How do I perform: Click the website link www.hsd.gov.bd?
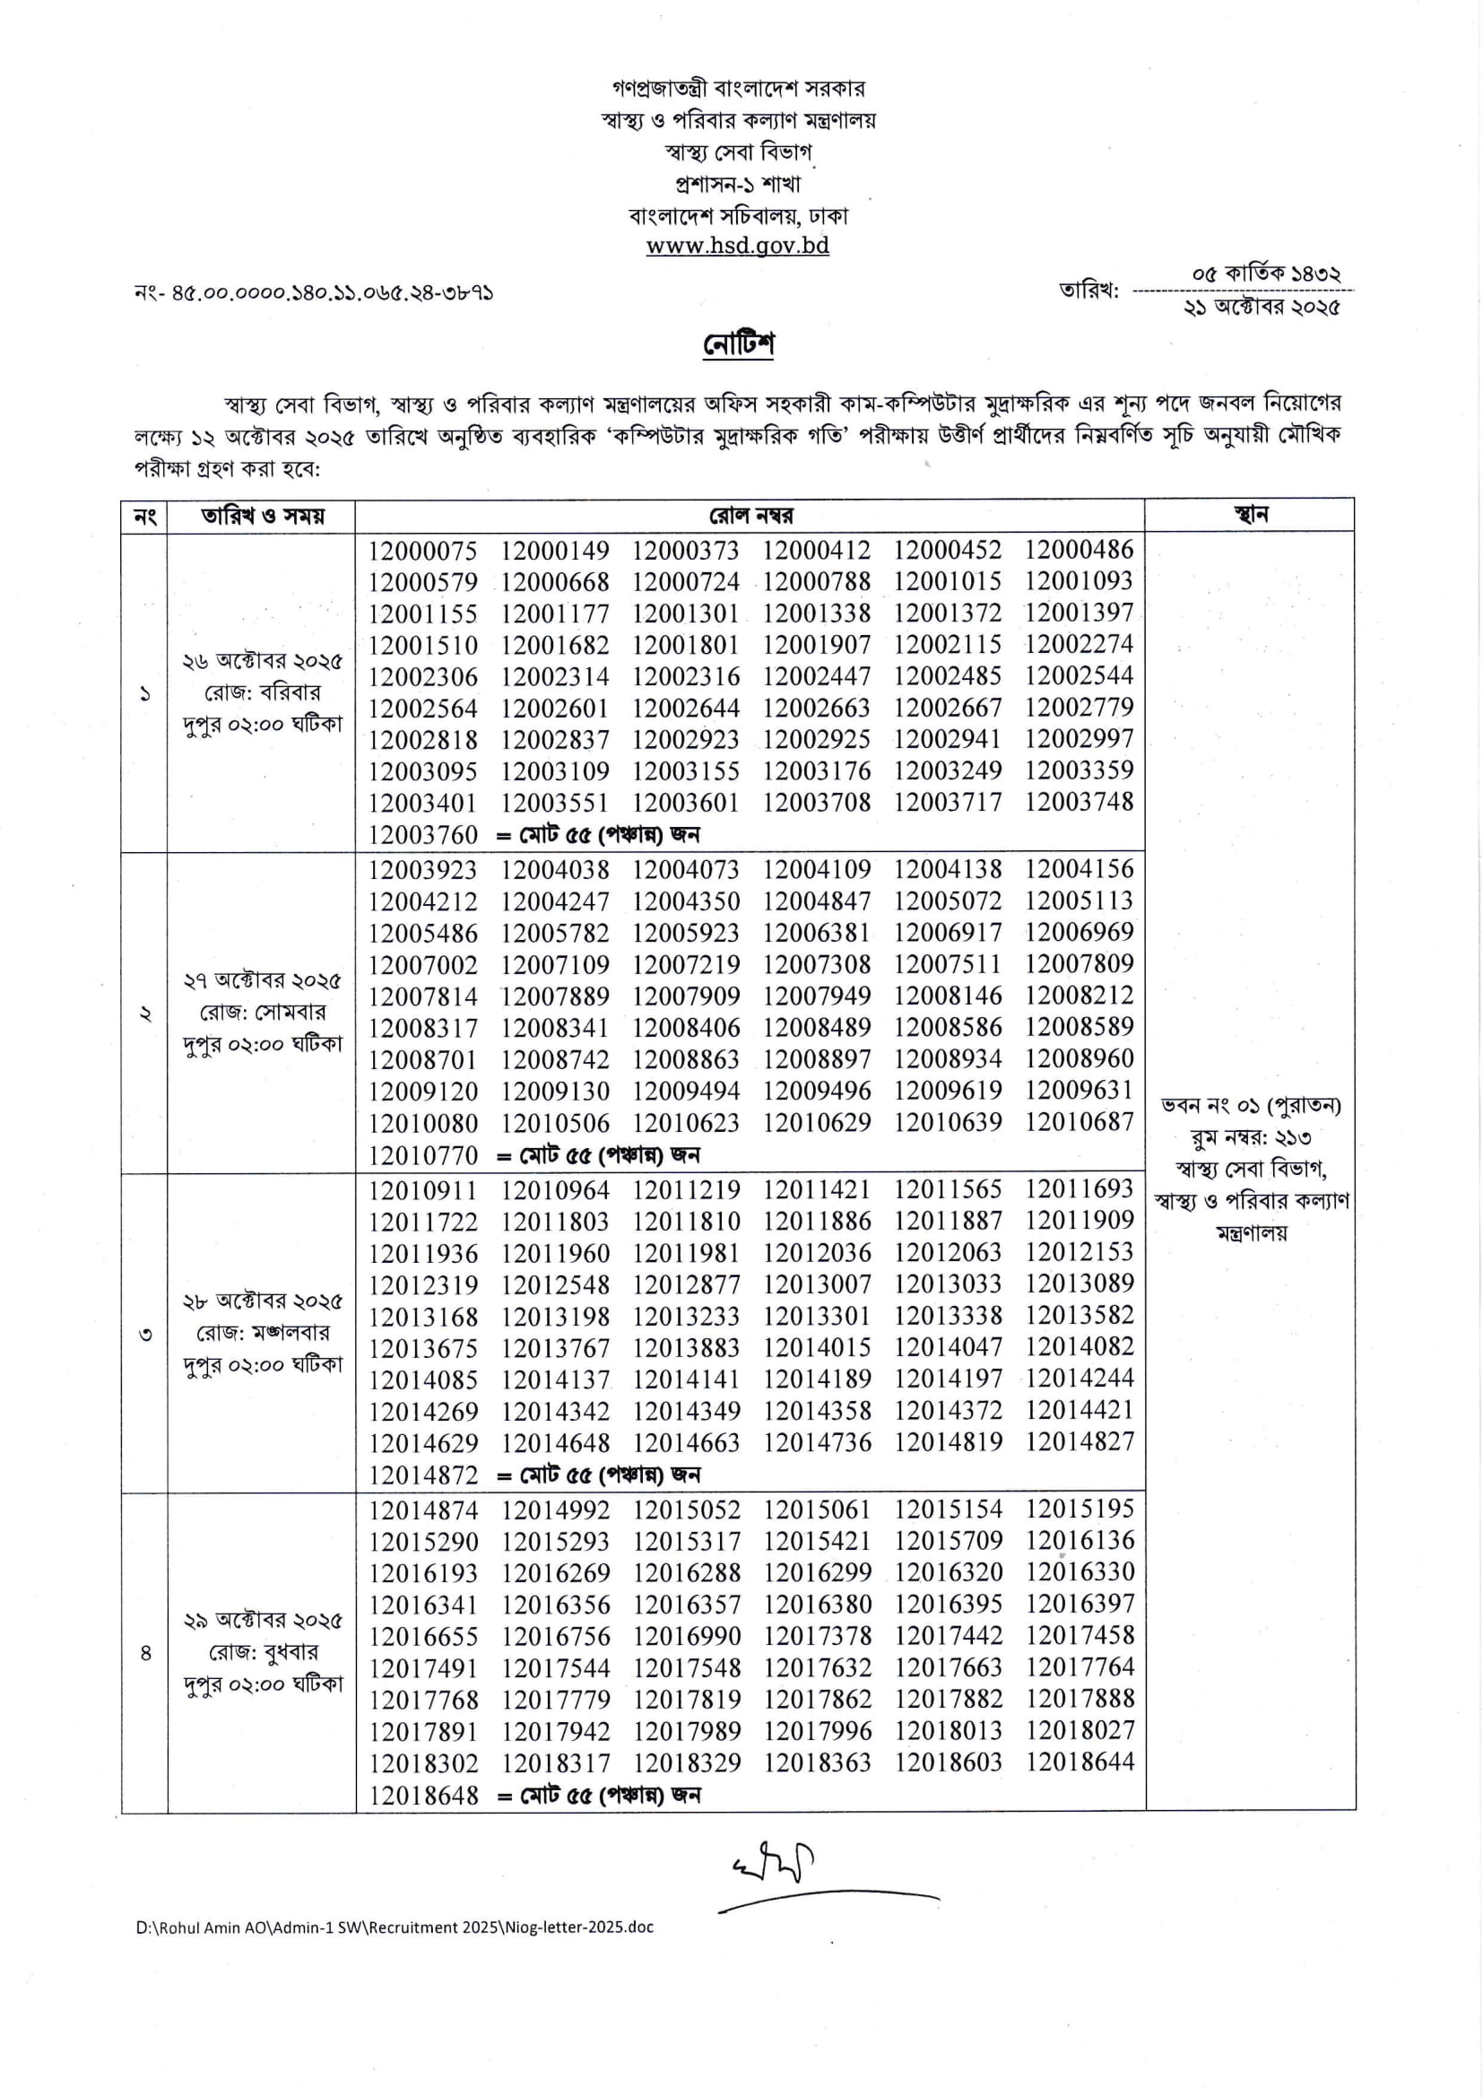coord(737,246)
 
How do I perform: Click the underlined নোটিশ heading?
coord(738,344)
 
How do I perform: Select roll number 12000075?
coord(423,551)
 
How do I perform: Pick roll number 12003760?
coord(423,834)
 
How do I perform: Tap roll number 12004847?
coord(817,901)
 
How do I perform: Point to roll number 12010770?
coord(423,1155)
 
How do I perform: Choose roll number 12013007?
coord(817,1284)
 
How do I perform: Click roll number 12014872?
coord(423,1475)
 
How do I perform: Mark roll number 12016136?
coord(1080,1541)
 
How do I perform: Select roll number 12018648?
coord(423,1796)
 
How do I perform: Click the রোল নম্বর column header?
coord(750,516)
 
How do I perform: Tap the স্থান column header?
coord(1249,514)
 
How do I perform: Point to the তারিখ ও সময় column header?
coord(262,516)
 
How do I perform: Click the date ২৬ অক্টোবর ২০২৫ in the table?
coord(262,661)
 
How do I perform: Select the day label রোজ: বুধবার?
coord(263,1652)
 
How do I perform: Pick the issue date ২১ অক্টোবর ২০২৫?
coord(1262,308)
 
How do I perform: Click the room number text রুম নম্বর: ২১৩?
coord(1249,1138)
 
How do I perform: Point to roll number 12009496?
coord(817,1091)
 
